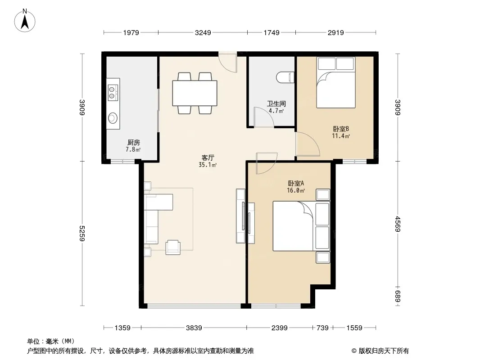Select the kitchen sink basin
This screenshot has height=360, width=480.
pyautogui.click(x=113, y=118)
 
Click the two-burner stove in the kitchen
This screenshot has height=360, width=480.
pyautogui.click(x=112, y=93)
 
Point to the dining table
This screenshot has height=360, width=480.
pyautogui.click(x=195, y=93)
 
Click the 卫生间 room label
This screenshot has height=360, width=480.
pyautogui.click(x=276, y=103)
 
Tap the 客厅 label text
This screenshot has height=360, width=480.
pyautogui.click(x=208, y=158)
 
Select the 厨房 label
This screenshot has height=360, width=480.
pyautogui.click(x=133, y=143)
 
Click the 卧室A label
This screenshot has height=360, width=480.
pyautogui.click(x=296, y=183)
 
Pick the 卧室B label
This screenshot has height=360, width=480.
pyautogui.click(x=341, y=129)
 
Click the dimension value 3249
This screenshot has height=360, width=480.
pyautogui.click(x=203, y=32)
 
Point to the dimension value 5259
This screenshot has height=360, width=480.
pyautogui.click(x=82, y=234)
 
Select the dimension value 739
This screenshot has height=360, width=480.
pyautogui.click(x=322, y=328)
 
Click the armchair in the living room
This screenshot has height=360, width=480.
pyautogui.click(x=173, y=247)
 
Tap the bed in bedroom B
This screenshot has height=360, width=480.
pyautogui.click(x=336, y=83)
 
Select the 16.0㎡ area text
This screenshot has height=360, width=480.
pyautogui.click(x=296, y=190)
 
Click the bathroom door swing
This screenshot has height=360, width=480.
pyautogui.click(x=263, y=117)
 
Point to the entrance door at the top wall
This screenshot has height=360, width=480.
pyautogui.click(x=228, y=63)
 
